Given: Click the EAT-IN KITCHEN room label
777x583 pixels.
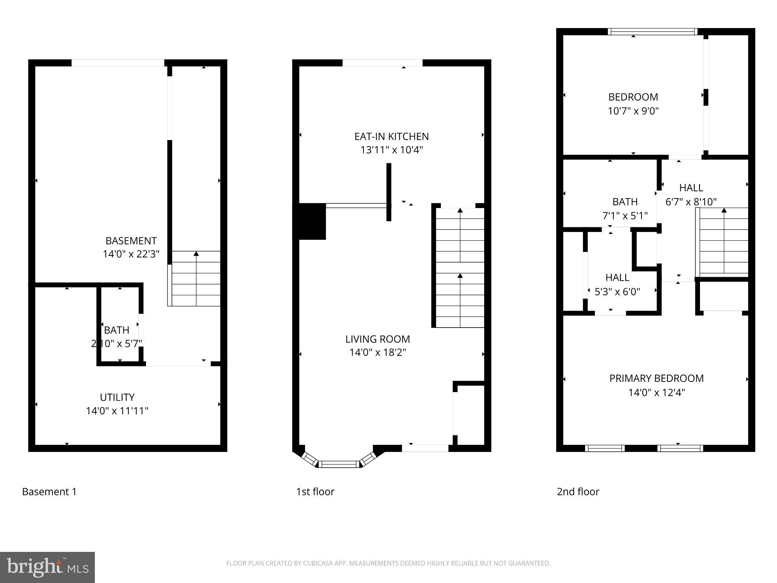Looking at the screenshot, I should [391, 136].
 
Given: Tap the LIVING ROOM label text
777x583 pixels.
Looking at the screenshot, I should [377, 339].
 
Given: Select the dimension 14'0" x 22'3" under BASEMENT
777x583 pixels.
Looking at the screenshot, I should [131, 254].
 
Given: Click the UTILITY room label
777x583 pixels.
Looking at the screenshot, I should [117, 397].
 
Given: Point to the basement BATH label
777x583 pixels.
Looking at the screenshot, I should [116, 330].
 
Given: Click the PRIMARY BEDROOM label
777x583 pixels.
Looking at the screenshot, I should [656, 378].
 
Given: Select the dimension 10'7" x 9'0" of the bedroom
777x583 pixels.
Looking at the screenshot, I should [633, 111].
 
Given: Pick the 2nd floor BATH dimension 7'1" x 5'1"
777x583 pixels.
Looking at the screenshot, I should [625, 216].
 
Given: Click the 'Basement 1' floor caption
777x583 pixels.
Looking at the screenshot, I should [49, 492].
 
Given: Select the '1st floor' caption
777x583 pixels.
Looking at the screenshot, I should [315, 492].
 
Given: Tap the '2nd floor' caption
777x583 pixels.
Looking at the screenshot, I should [578, 492].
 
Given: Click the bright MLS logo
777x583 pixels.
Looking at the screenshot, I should [47, 567].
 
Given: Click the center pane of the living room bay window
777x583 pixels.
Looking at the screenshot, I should [339, 464].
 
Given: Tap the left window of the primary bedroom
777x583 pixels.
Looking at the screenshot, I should [605, 448].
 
